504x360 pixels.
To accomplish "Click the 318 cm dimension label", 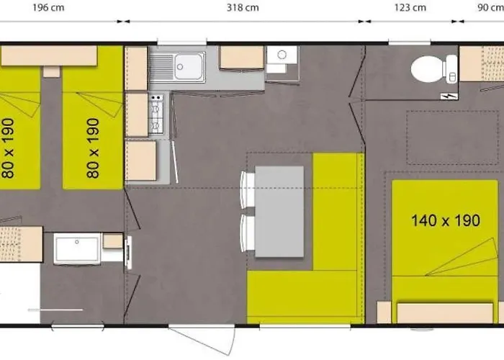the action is coord(243,8).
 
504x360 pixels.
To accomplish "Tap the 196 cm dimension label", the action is coord(48,8).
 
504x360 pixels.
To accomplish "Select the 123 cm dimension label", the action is coord(410,8).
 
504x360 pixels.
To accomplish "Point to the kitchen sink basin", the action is coord(188,66).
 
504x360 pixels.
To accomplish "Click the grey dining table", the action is coord(279,212).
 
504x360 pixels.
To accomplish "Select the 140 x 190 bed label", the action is coord(446,220).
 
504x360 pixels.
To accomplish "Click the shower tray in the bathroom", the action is coord(77,249).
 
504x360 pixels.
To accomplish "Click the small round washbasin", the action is coord(282,55).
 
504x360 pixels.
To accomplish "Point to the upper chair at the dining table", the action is coord(248,189).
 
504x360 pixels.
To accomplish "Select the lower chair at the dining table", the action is coord(248,234).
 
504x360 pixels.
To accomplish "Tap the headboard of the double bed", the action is coord(445,313).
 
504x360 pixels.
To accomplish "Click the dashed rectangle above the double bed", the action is coord(452,138).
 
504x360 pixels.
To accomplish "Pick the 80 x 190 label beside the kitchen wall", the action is coord(93,148).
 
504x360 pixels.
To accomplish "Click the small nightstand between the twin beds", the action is coord(51,72).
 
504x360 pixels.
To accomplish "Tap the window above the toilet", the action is coord(409,42).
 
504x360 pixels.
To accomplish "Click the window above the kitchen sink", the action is coord(182,42).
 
